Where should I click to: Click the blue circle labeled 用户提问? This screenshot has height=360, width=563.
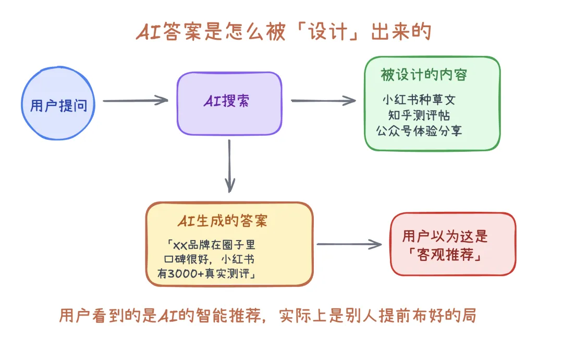coord(58,106)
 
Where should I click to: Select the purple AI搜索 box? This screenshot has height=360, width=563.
coord(229,103)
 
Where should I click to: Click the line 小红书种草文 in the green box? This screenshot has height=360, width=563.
coord(419,99)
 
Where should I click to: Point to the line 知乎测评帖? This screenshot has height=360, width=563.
coord(419,115)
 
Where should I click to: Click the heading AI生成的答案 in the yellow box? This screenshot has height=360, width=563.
coord(222,221)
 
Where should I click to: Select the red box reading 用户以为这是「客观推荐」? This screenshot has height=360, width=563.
coord(452,244)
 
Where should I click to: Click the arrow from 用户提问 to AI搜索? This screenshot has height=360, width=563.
coord(135,101)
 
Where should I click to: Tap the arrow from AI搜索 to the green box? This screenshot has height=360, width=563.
coord(323,101)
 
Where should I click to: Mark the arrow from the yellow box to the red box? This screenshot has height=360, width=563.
coord(349,244)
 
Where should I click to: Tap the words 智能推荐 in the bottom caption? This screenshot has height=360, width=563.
coord(232,316)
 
